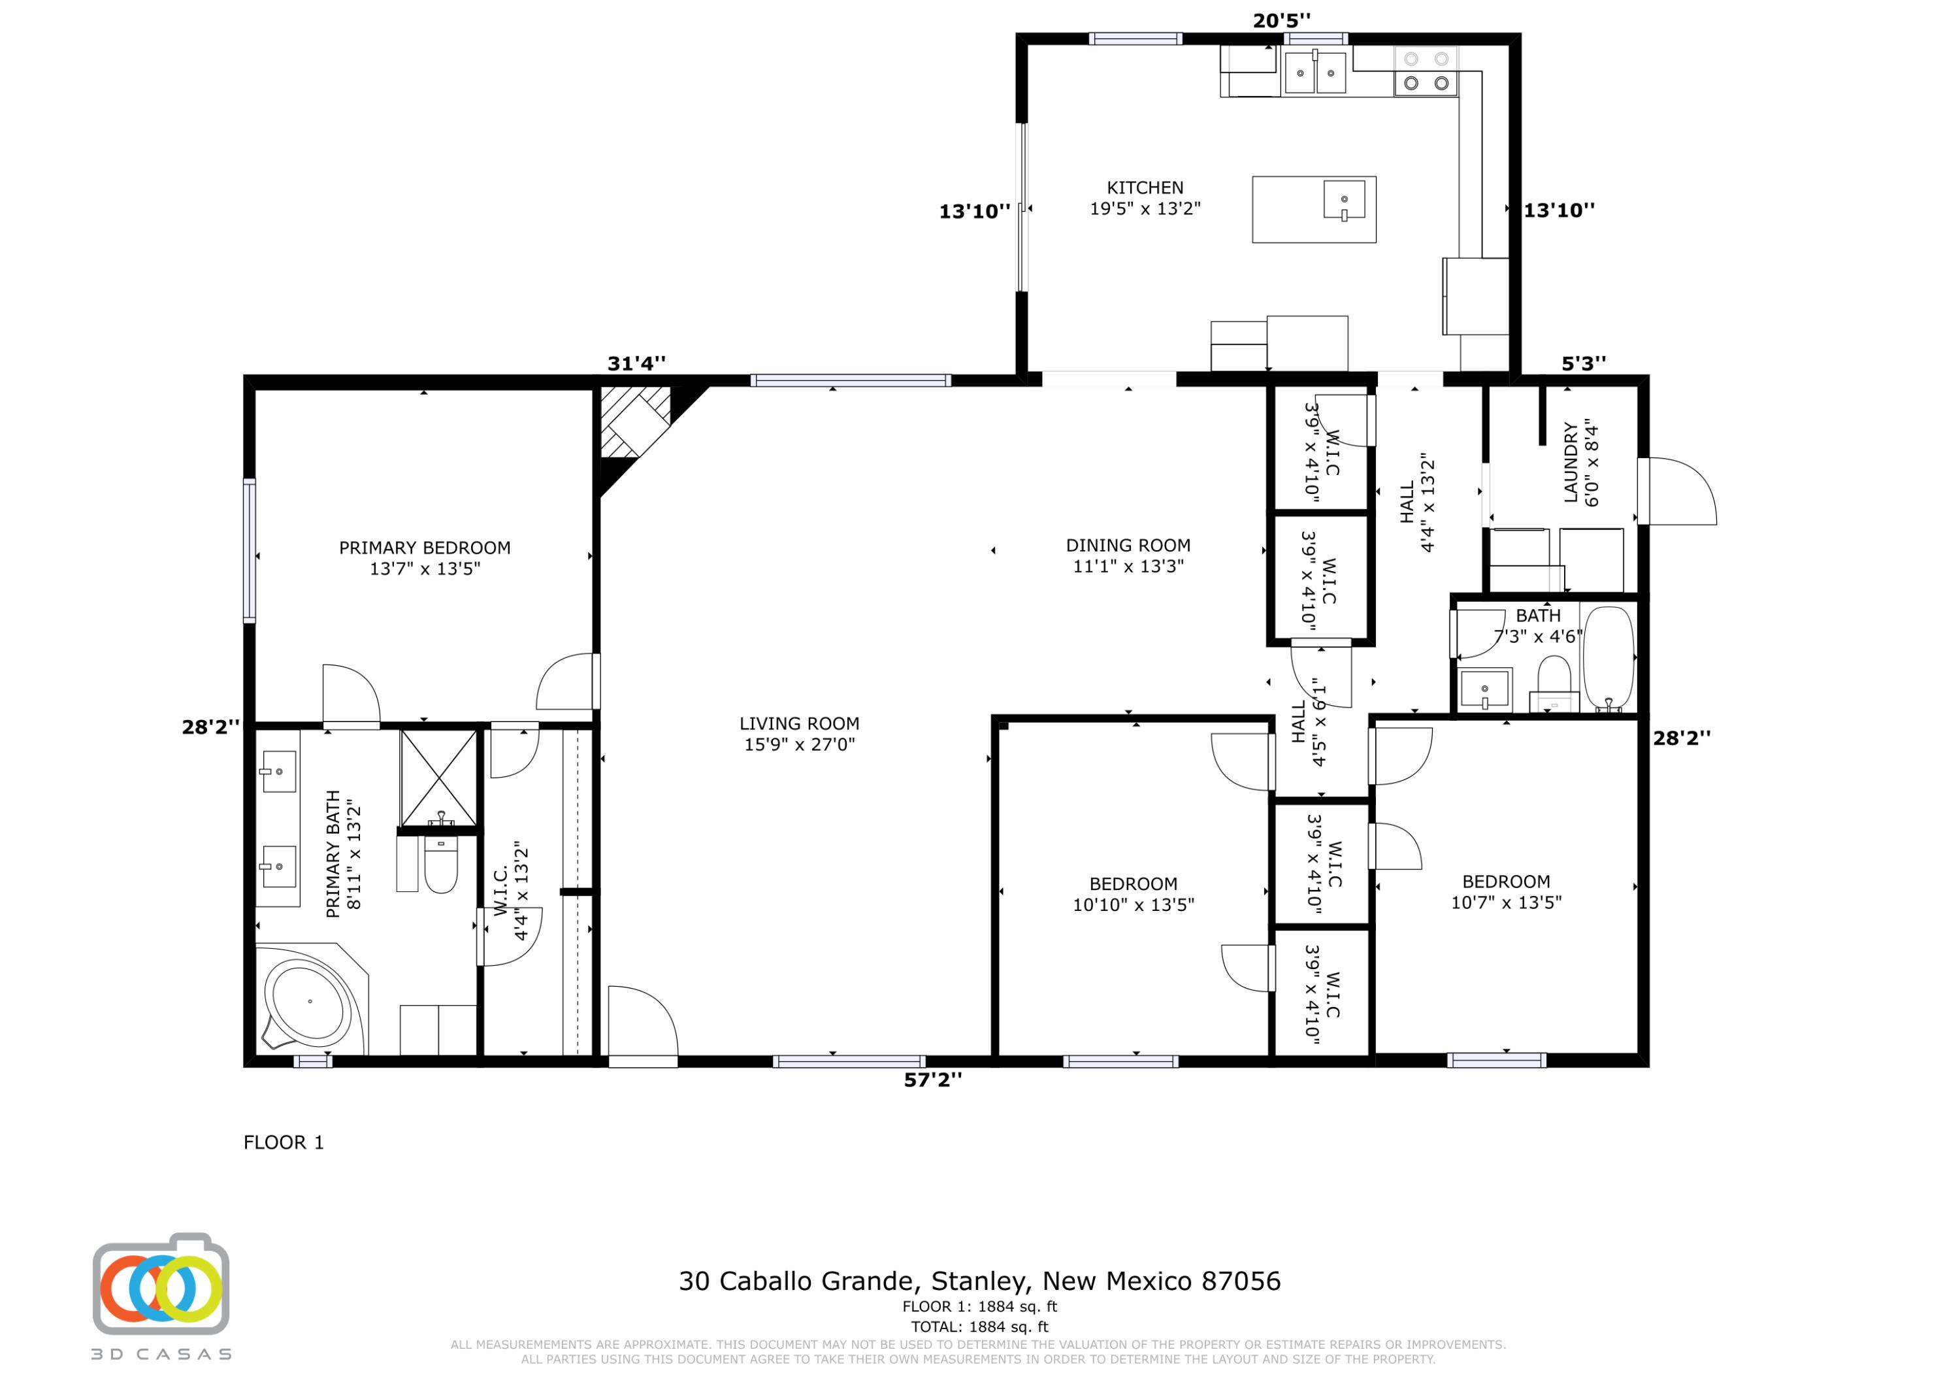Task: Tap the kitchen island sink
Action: tap(1344, 200)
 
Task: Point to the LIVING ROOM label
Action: tap(799, 723)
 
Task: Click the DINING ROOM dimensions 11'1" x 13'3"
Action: tap(1128, 566)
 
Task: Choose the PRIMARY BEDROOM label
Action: tap(424, 548)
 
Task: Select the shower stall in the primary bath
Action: tap(439, 778)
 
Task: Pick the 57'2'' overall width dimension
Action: tap(932, 1080)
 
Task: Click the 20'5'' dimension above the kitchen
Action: tap(1281, 20)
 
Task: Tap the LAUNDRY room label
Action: tap(1570, 462)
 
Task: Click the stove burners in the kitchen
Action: tap(1426, 71)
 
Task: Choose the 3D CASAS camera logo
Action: tap(161, 1284)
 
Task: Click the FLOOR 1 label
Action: tap(284, 1143)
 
